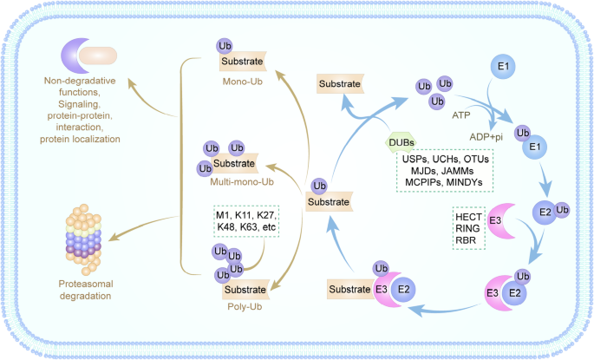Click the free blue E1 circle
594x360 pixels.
503,66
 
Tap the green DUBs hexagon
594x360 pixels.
401,142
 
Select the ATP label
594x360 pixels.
461,115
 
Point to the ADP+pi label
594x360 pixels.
486,137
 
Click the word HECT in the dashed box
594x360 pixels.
468,217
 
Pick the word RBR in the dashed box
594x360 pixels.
466,240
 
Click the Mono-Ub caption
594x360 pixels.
243,82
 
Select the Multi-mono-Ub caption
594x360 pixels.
242,182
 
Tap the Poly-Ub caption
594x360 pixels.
245,306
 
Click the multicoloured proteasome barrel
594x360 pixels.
84,239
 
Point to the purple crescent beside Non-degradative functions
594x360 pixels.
75,56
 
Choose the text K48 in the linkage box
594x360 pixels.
225,227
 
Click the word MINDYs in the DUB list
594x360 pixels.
464,182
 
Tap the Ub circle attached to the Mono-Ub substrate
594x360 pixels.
225,46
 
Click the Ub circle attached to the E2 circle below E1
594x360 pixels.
562,210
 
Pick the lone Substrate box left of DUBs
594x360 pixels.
340,84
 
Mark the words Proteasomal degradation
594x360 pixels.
85,290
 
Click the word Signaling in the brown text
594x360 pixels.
78,104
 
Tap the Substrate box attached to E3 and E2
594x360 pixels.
349,289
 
